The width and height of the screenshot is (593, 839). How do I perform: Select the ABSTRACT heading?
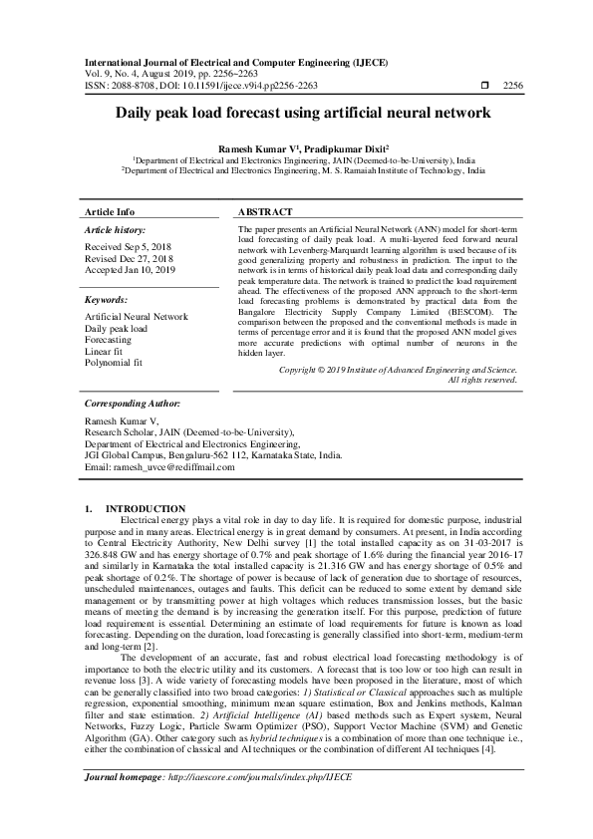pyautogui.click(x=265, y=213)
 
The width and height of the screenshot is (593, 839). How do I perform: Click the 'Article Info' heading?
pyautogui.click(x=111, y=213)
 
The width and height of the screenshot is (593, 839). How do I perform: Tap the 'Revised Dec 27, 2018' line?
pyautogui.click(x=130, y=258)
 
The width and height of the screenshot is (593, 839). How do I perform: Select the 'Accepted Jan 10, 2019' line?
pyautogui.click(x=132, y=269)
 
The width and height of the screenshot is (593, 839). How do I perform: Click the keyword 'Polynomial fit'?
pyautogui.click(x=114, y=364)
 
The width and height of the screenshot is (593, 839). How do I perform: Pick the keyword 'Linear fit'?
pyautogui.click(x=106, y=352)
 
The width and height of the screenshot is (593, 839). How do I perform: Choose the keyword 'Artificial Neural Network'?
pyautogui.click(x=137, y=316)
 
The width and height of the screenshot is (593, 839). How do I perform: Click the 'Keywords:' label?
pyautogui.click(x=107, y=299)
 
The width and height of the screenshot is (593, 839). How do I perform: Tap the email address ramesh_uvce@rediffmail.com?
pyautogui.click(x=174, y=467)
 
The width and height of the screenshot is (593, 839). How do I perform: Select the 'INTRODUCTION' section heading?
pyautogui.click(x=146, y=509)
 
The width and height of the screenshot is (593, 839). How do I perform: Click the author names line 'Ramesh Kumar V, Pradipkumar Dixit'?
pyautogui.click(x=297, y=146)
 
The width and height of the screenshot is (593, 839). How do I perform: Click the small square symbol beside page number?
pyautogui.click(x=484, y=87)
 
